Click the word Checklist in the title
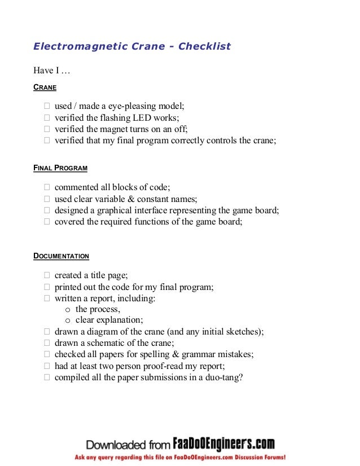[204, 46]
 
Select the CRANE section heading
[45, 88]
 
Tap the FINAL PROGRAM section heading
[60, 168]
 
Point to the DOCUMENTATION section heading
[62, 256]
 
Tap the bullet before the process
[68, 310]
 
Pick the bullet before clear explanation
[68, 320]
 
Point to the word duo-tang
[223, 377]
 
